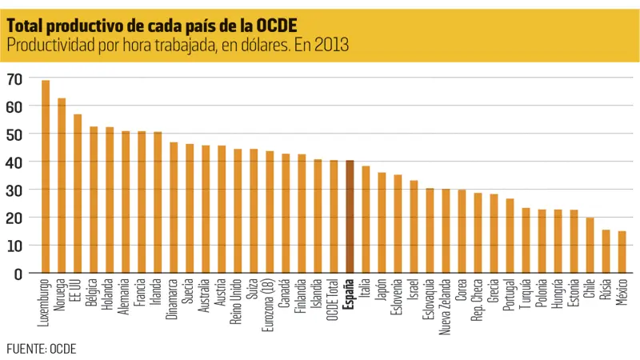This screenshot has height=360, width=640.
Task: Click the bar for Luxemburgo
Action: pos(46,177)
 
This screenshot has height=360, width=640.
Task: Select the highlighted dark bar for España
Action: pos(350,217)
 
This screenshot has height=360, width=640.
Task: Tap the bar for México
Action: pos(622,252)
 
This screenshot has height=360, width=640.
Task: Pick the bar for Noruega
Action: pos(62,186)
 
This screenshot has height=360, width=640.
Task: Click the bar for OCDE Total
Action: pos(334,217)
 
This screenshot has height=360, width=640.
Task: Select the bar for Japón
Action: pos(382,223)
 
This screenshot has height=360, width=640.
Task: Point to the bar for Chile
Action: pos(590,246)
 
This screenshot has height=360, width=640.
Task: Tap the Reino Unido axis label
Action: pos(238,299)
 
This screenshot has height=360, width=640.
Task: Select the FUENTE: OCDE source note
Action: pos(41,349)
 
